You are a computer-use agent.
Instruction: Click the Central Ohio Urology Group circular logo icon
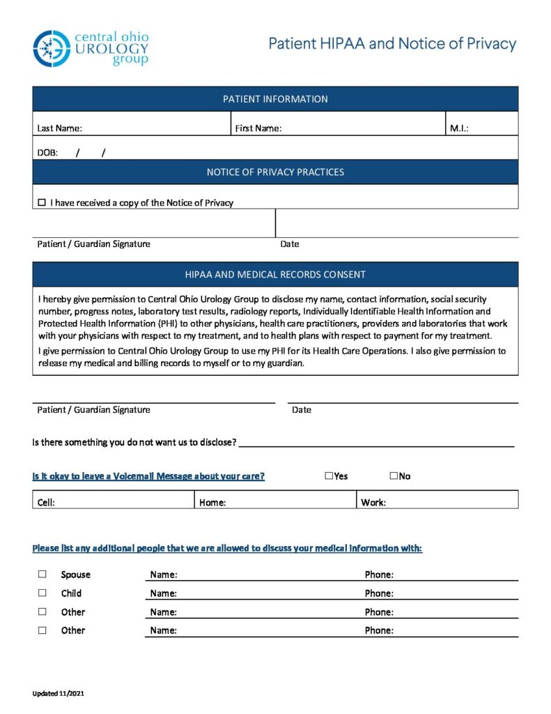[52, 48]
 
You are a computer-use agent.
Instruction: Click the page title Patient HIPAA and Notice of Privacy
[392, 44]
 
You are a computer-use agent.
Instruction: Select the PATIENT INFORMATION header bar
[275, 99]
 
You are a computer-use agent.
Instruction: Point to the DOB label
[47, 152]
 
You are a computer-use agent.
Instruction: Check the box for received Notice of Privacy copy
[41, 202]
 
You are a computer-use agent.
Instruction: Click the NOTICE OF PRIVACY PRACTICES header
[275, 172]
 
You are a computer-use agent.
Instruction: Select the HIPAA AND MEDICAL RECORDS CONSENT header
[275, 274]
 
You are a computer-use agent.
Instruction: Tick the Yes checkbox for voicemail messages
[329, 476]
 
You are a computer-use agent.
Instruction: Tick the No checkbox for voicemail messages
[394, 476]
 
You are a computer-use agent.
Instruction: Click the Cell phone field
[118, 502]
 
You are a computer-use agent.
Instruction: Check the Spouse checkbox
[42, 574]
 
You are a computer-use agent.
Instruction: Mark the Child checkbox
[42, 593]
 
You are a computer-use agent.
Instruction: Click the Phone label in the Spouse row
[379, 575]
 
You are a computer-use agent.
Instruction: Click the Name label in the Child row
[164, 593]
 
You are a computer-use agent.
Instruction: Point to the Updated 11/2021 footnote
[59, 694]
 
